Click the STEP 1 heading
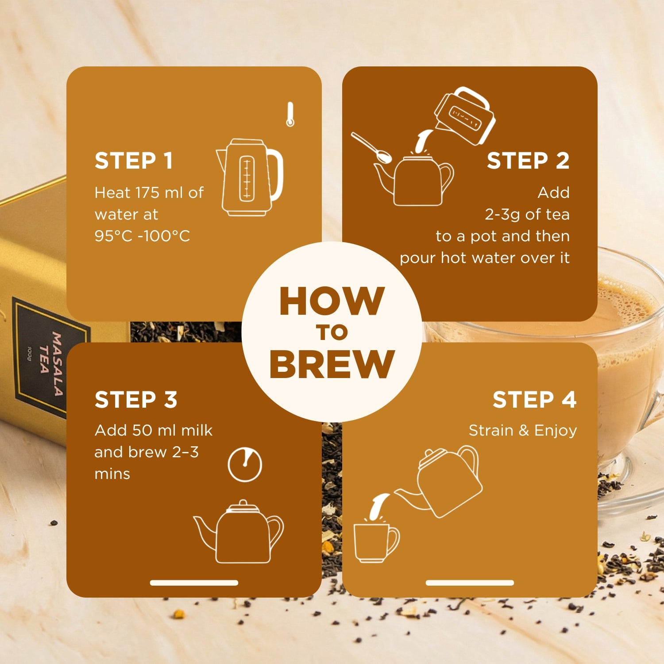(133, 161)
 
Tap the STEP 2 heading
(528, 161)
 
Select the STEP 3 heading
(136, 400)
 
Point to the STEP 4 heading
(535, 400)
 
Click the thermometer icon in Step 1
(290, 114)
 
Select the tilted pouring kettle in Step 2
(464, 116)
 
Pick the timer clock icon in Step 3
(245, 464)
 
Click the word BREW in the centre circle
(332, 364)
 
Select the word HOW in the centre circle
(332, 301)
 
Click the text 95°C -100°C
(142, 236)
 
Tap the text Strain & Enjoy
(523, 430)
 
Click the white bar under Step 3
(194, 583)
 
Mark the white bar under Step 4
(470, 583)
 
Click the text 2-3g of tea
(527, 215)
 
